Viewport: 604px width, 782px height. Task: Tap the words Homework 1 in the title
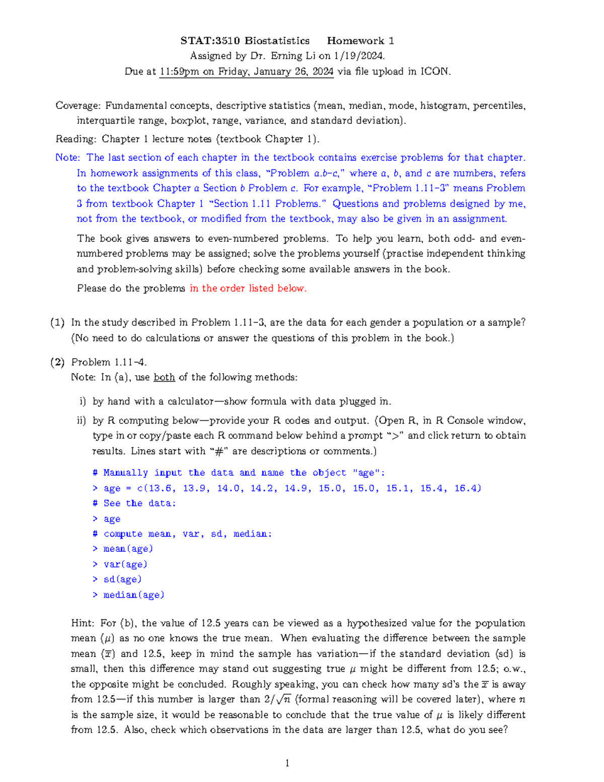(360, 41)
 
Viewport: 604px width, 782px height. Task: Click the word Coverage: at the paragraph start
(78, 106)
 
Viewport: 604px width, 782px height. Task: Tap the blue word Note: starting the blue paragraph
(67, 158)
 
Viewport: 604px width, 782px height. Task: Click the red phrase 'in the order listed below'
(248, 289)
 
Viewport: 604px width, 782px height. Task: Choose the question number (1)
(57, 323)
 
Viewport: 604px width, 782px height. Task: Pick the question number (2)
(57, 362)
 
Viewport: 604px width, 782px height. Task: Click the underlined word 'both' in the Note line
(164, 377)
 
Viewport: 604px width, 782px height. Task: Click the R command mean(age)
(128, 549)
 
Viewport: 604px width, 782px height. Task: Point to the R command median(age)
(133, 595)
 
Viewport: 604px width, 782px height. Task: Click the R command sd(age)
(122, 580)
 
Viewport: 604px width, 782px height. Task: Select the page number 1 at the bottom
(287, 763)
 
